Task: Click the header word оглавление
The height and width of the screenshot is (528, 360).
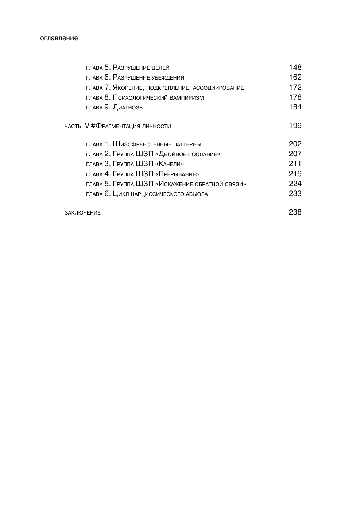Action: (x=59, y=38)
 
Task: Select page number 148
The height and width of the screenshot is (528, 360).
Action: (x=295, y=67)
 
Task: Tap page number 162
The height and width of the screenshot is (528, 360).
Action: (x=295, y=77)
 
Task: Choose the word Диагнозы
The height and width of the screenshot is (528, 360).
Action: (x=128, y=107)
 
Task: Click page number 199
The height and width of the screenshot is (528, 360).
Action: (x=295, y=126)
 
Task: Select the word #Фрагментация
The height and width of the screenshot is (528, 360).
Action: (x=114, y=126)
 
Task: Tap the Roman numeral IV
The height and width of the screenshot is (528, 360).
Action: (x=86, y=126)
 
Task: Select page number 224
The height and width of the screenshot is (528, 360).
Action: (x=295, y=184)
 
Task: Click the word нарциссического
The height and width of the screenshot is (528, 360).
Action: (x=157, y=194)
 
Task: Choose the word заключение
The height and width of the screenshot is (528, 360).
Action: (x=82, y=213)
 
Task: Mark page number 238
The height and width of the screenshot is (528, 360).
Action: (x=295, y=212)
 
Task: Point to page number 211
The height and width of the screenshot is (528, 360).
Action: (x=295, y=163)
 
